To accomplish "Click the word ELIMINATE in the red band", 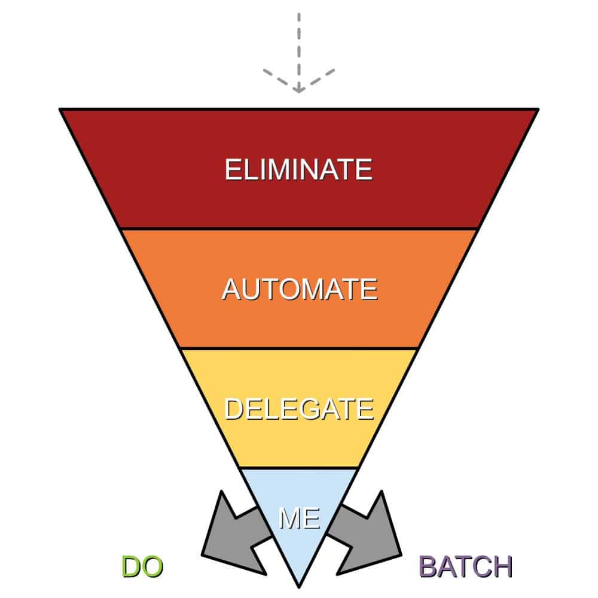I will (298, 169).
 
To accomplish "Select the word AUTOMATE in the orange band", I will (299, 289).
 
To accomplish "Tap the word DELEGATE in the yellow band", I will (298, 410).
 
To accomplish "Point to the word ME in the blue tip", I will (299, 518).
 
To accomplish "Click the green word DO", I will (142, 567).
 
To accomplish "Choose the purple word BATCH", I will (465, 567).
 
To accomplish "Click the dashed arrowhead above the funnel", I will (298, 84).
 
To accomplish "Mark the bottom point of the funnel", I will (298, 582).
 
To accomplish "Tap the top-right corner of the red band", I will (536, 110).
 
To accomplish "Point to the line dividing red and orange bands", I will (298, 228).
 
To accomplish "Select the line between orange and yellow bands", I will (298, 348).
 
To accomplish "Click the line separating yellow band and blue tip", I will (298, 468).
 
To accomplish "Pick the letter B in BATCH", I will (428, 567).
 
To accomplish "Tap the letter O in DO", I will (152, 567).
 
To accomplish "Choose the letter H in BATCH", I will (502, 567).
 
